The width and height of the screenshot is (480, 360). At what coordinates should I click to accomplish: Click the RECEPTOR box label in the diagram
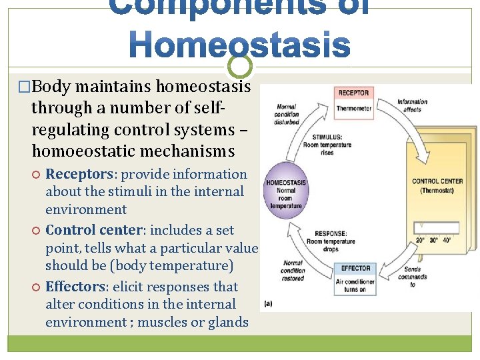click(353, 93)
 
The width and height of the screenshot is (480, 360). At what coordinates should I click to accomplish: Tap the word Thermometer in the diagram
click(353, 107)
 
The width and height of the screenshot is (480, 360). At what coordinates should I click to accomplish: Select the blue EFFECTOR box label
click(355, 268)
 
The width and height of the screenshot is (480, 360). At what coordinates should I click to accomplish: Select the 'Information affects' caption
click(412, 105)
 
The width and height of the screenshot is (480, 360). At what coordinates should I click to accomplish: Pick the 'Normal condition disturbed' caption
click(287, 114)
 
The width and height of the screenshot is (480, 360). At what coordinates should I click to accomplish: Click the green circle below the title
click(240, 65)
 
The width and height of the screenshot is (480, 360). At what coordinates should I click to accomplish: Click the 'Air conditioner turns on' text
click(355, 285)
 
